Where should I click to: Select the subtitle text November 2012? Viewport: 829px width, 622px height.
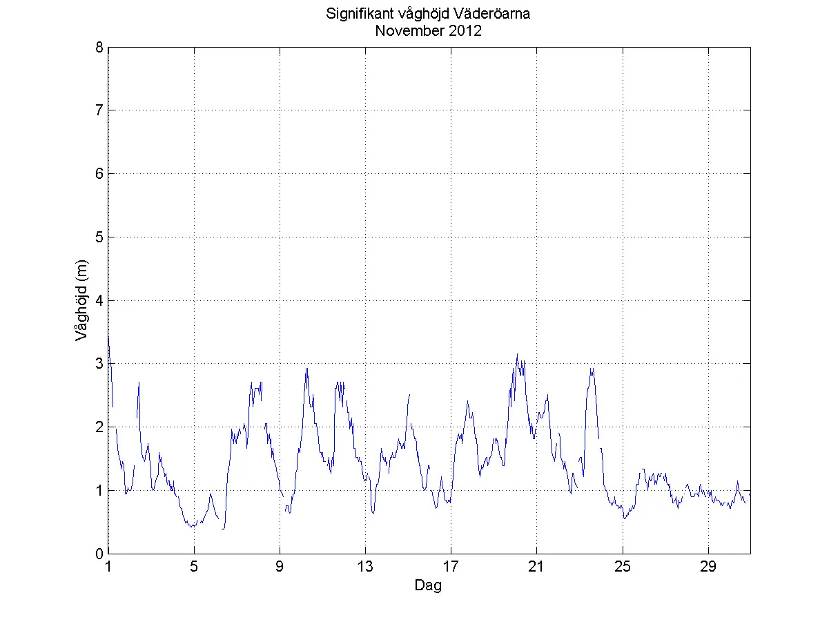427,31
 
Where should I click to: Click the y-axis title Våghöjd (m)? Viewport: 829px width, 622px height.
81,300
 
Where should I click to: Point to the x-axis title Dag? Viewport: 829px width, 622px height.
428,586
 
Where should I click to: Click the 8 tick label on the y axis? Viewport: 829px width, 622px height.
99,47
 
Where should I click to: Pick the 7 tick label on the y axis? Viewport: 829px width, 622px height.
99,110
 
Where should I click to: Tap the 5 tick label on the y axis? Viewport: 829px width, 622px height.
99,237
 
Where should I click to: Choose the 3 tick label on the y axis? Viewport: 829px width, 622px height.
99,364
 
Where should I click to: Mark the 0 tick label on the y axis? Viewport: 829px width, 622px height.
99,554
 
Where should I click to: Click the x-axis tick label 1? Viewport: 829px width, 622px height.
108,567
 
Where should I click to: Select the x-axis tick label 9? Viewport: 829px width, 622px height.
280,567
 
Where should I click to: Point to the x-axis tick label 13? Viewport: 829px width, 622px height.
365,567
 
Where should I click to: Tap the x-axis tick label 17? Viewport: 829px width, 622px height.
451,567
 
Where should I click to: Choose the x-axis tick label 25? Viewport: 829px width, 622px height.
623,567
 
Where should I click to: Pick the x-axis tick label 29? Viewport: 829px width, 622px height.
708,567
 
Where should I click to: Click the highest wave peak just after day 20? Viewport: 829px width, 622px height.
517,354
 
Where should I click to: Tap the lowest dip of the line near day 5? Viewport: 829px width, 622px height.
193,527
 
